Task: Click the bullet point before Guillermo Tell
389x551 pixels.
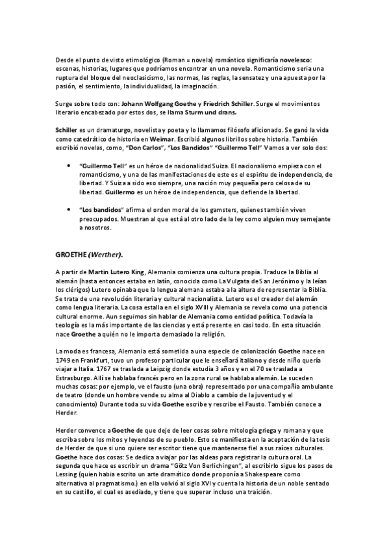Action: pos(69,166)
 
